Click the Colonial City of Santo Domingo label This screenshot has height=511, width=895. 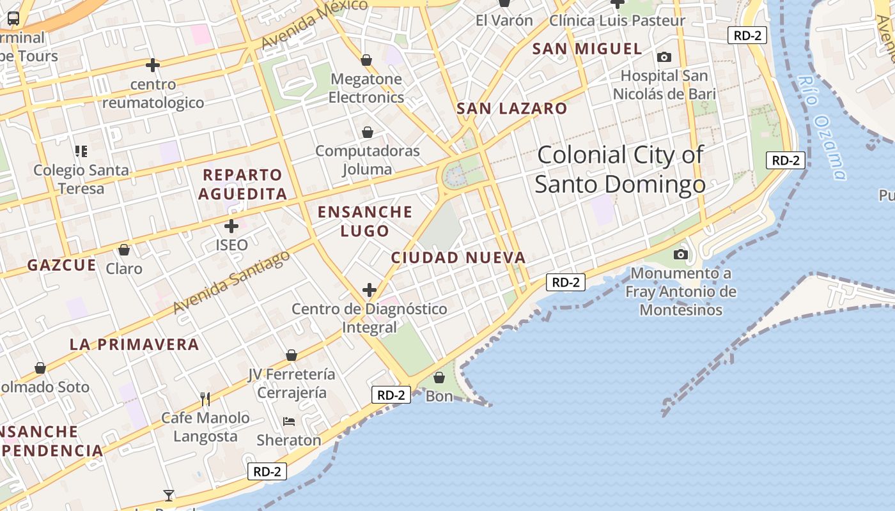620,169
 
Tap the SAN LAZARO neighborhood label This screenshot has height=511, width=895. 511,109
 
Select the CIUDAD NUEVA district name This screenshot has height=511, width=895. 458,257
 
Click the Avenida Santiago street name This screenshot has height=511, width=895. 231,282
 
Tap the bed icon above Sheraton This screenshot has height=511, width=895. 289,422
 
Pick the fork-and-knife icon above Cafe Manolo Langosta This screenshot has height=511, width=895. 205,399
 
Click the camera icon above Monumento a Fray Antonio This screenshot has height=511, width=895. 681,255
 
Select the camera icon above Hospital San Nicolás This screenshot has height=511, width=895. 664,57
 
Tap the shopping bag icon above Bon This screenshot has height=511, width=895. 439,378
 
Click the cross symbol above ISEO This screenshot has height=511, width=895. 231,226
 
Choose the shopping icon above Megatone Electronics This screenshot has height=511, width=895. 366,60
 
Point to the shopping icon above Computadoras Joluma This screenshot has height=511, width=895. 368,132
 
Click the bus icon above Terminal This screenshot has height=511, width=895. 13,18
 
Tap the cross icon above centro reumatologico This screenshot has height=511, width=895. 153,65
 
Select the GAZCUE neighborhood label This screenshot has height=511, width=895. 61,265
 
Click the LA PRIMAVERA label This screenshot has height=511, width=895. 134,344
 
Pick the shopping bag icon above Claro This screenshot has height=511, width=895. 124,249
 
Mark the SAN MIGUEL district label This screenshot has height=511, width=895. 587,49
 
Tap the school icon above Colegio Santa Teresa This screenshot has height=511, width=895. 81,151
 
